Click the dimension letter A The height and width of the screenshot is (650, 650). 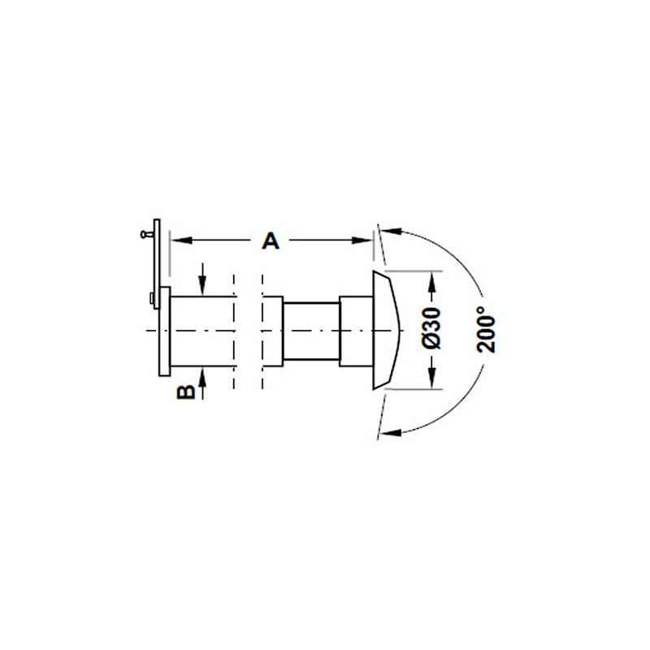(271, 240)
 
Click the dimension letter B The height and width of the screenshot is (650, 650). (185, 392)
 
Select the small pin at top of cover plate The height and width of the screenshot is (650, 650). (145, 233)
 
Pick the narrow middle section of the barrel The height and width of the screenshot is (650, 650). (311, 331)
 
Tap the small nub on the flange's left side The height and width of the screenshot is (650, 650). (152, 299)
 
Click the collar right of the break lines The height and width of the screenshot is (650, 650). (272, 331)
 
